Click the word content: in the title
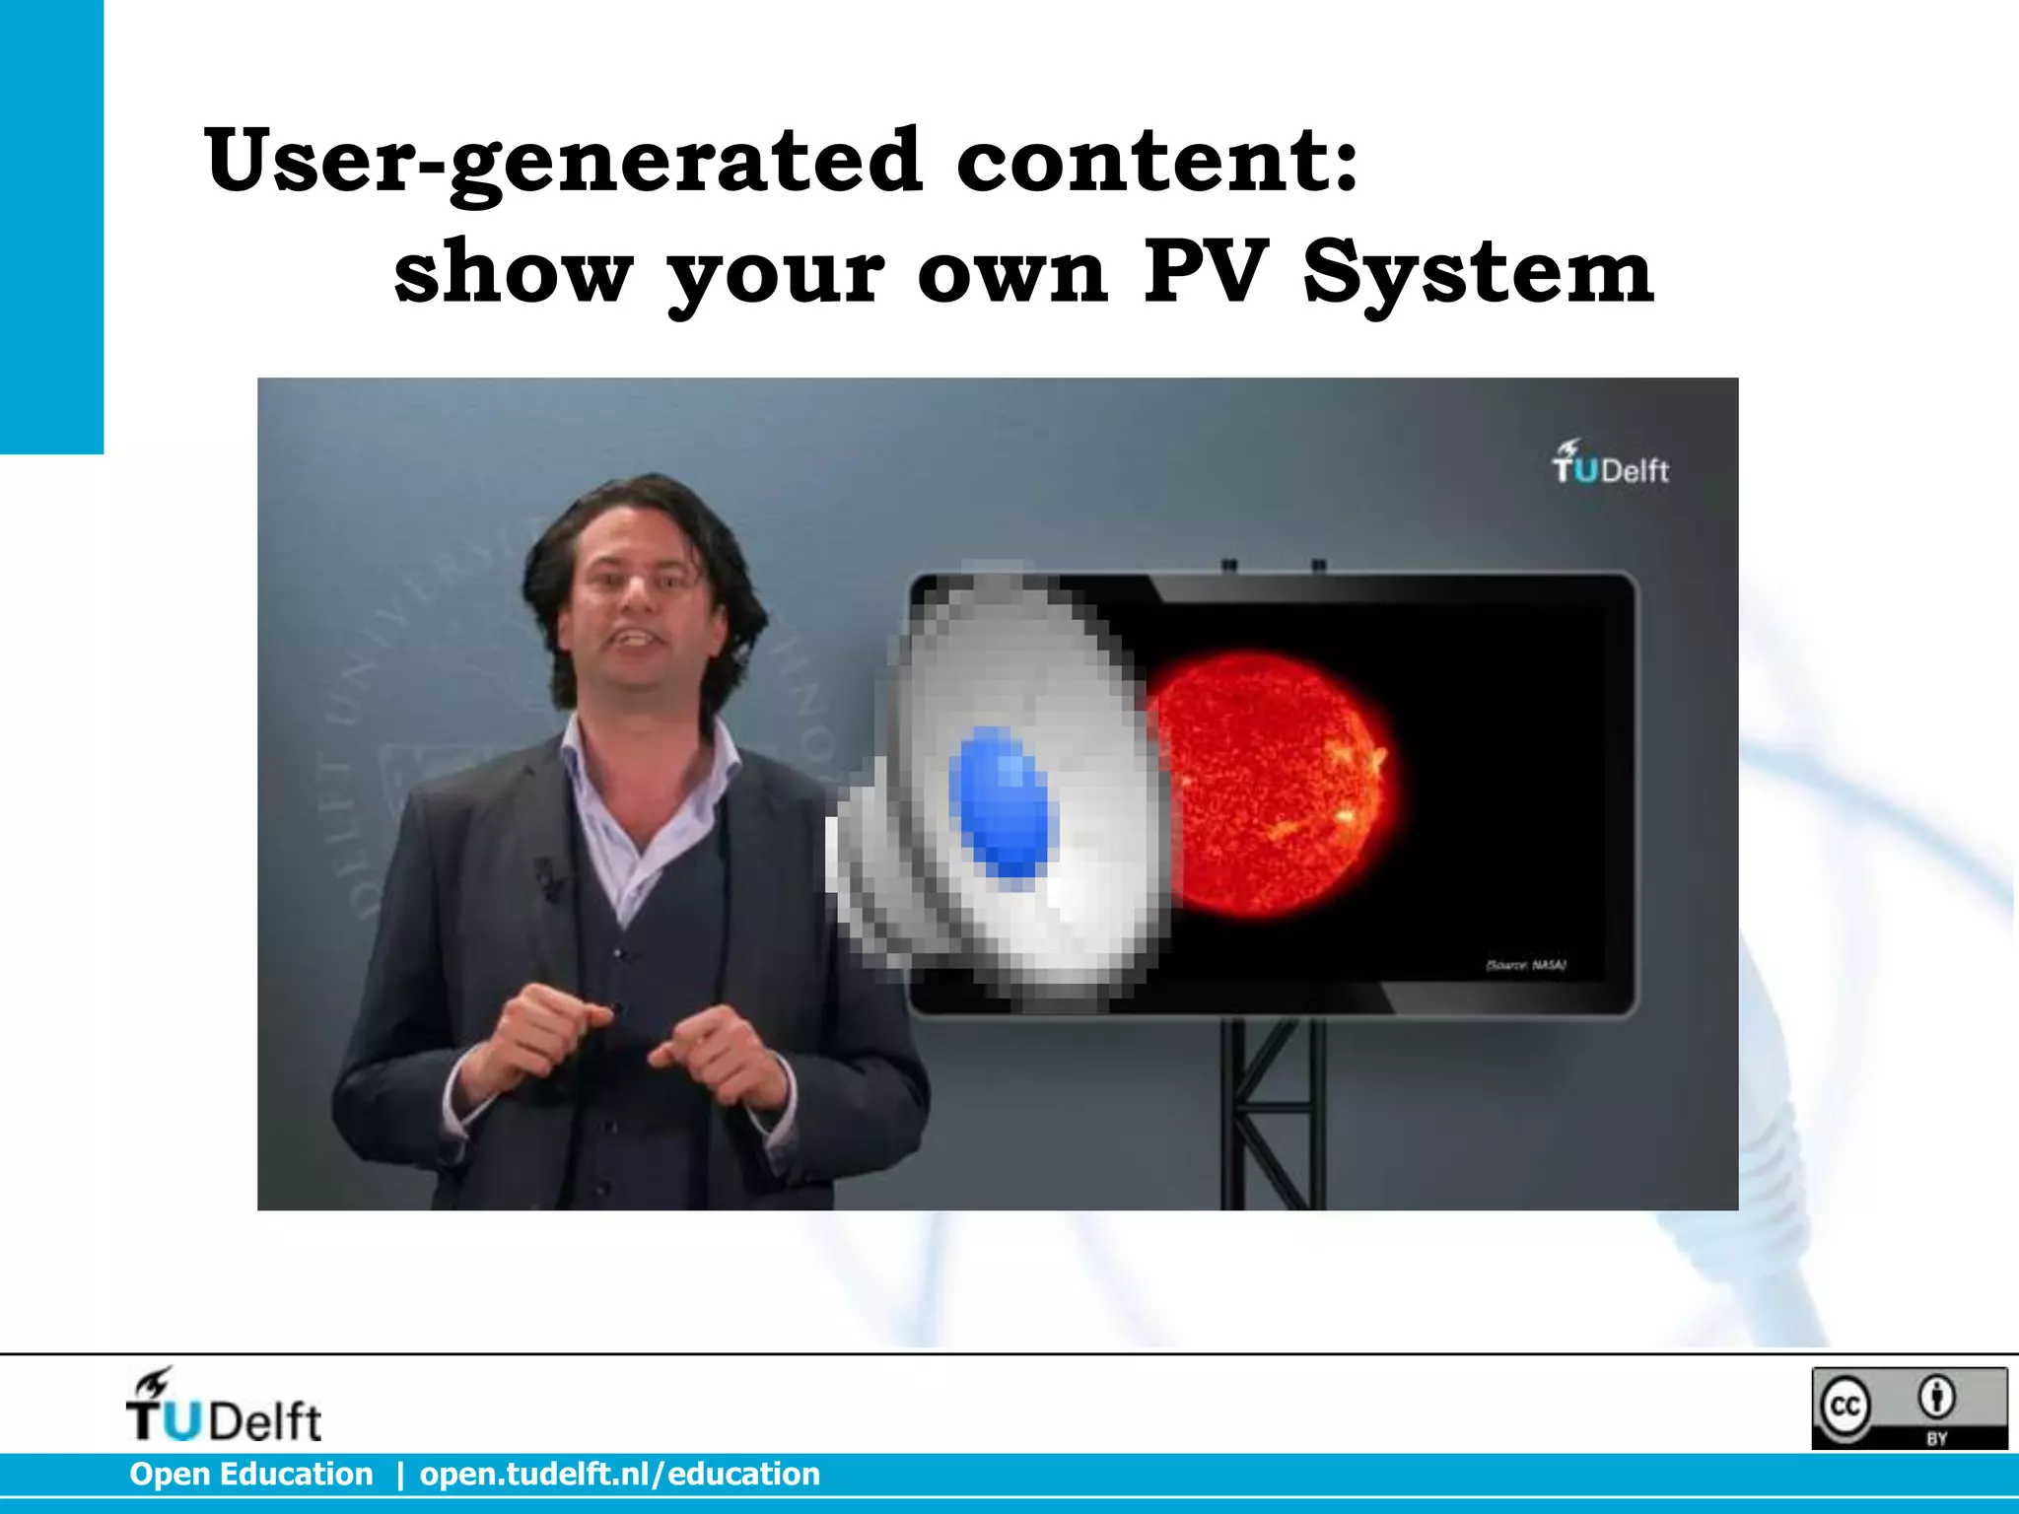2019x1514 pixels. click(x=1157, y=161)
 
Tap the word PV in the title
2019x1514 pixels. click(x=1204, y=273)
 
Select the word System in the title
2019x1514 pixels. click(x=1478, y=273)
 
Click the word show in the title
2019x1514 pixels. click(x=513, y=273)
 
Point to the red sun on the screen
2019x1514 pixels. click(x=1272, y=784)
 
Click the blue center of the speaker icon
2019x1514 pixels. click(x=1004, y=800)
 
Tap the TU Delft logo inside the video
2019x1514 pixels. click(x=1610, y=463)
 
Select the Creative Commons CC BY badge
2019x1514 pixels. click(x=1909, y=1408)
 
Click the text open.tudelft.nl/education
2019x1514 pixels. click(x=619, y=1475)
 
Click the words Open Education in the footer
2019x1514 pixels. click(x=251, y=1475)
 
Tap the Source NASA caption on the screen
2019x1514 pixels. click(x=1526, y=965)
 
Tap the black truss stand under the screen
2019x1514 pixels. click(x=1272, y=1114)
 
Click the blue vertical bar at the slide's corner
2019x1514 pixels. click(x=51, y=227)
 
